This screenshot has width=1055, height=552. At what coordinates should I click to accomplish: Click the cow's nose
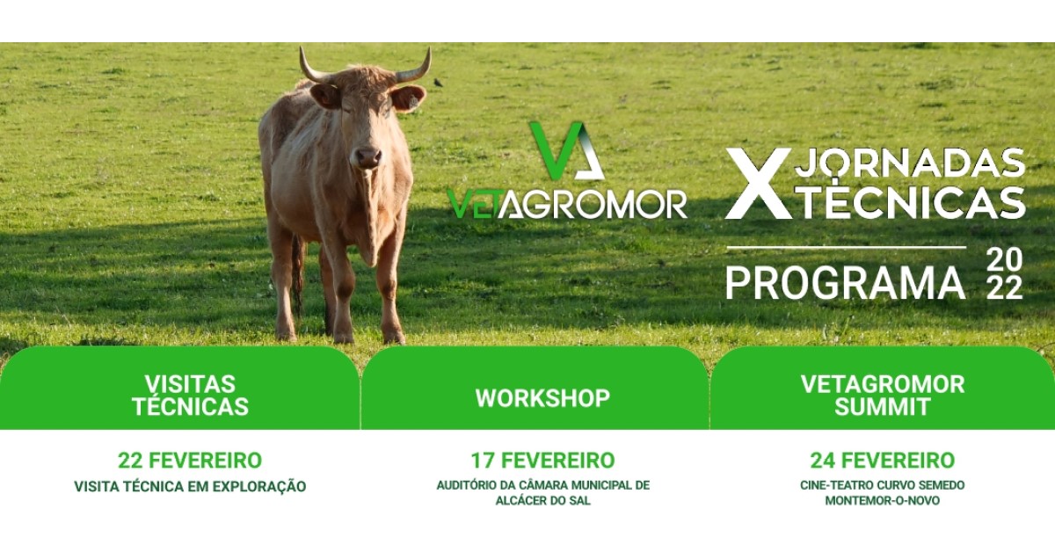click(x=367, y=157)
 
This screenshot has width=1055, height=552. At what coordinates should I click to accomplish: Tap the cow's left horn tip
click(x=429, y=48)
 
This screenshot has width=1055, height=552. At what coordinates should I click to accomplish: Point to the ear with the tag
click(x=407, y=98)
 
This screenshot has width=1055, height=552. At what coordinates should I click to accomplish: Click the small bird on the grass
click(x=439, y=83)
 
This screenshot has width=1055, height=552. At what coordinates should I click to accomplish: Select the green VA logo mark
click(x=566, y=150)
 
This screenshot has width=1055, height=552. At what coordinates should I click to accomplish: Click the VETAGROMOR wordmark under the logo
click(x=567, y=205)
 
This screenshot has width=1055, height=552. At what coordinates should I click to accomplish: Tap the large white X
click(x=758, y=184)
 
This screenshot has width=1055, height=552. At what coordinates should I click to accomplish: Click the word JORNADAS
click(x=913, y=163)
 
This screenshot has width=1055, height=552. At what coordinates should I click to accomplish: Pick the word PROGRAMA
click(x=846, y=283)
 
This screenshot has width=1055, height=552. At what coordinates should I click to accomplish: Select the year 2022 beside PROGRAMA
click(x=1005, y=274)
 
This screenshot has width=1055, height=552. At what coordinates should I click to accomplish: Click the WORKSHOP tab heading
click(x=542, y=398)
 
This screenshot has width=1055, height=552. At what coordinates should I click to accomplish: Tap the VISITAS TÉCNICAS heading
click(x=190, y=396)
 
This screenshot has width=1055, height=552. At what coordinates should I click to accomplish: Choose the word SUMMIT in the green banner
click(x=882, y=407)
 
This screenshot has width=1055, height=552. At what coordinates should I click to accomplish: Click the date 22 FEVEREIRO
click(x=190, y=461)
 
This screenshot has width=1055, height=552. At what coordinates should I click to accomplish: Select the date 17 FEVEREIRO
click(x=542, y=461)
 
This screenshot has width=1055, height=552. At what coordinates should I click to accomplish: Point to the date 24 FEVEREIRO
click(x=882, y=461)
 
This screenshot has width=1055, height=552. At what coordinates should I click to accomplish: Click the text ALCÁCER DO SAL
click(x=542, y=500)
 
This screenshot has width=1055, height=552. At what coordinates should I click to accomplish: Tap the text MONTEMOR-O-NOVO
click(x=882, y=500)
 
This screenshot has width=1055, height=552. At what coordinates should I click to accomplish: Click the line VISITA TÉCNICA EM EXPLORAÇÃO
click(x=190, y=486)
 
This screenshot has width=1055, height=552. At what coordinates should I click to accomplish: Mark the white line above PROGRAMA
click(x=846, y=247)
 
